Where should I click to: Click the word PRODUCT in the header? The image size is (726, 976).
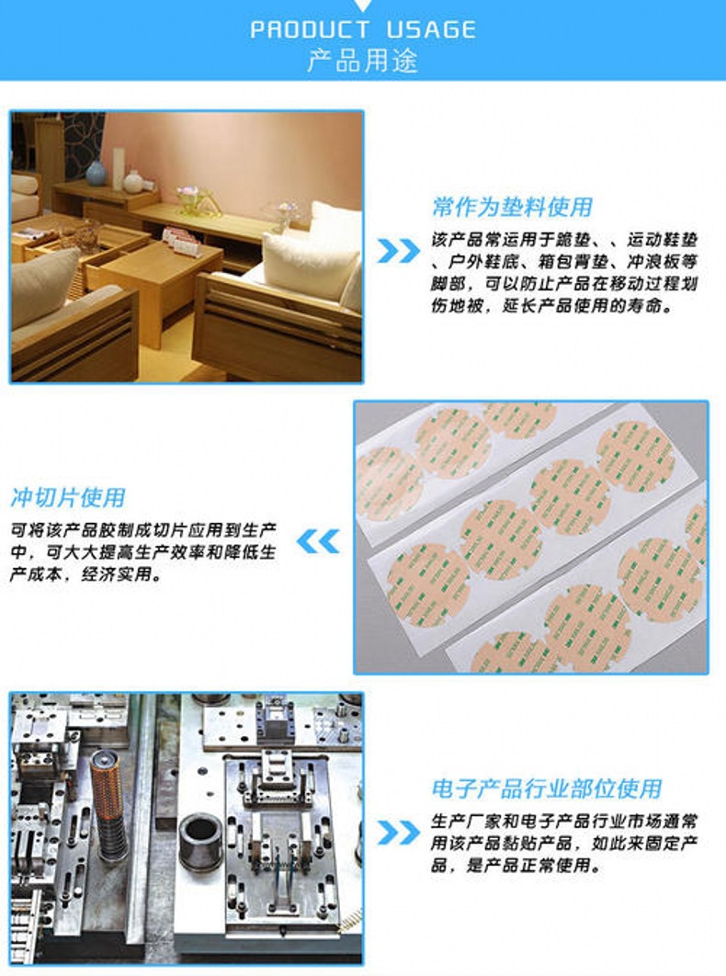pos(310,30)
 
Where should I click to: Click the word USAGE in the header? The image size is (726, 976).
pos(431,30)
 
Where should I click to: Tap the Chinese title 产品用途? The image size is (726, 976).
pos(362,61)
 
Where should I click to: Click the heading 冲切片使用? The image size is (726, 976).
pos(68,498)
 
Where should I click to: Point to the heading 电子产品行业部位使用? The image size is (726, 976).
pos(546,789)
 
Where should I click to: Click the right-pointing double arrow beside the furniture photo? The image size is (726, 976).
pos(399,250)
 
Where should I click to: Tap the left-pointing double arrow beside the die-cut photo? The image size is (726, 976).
pos(318,541)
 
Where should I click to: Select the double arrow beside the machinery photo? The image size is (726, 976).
pos(399,833)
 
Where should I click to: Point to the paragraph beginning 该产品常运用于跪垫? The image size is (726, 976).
pos(564,272)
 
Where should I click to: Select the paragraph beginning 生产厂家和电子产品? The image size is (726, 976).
pos(564,843)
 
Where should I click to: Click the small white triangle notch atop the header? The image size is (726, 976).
pos(362,5)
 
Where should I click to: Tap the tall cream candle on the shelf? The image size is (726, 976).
pos(119,167)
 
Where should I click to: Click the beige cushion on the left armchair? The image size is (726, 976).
pos(43,287)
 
